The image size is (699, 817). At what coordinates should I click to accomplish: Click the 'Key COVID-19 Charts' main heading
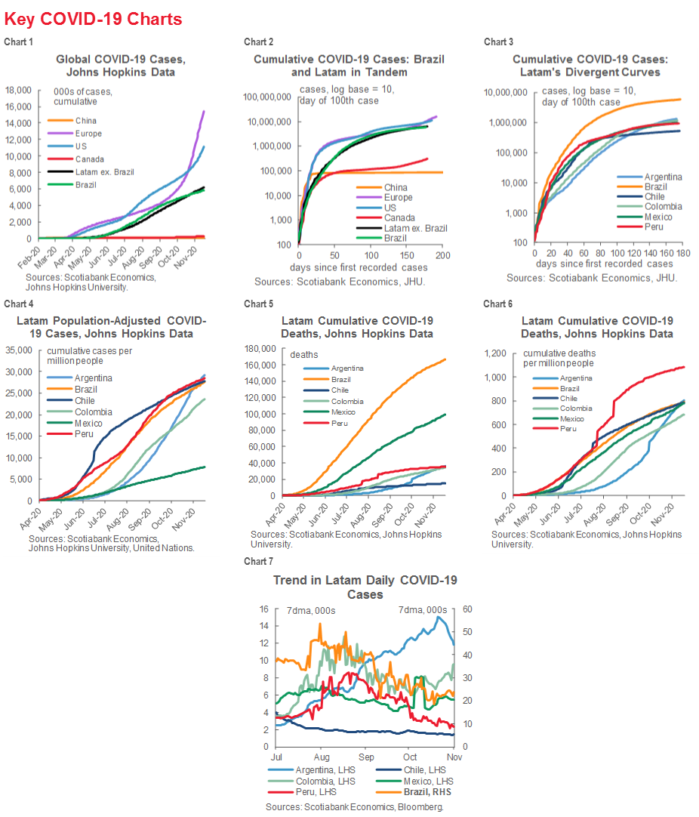point(93,19)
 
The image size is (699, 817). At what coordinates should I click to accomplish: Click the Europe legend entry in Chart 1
point(88,134)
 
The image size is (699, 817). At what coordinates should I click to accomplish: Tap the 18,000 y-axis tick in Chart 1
point(18,90)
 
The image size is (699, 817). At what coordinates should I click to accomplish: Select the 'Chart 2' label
point(258,42)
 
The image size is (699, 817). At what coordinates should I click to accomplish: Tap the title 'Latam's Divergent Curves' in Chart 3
point(575,72)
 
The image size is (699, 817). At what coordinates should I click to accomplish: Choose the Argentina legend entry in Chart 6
point(577,378)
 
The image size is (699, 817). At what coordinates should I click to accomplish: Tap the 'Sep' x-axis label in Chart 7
point(367,757)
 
